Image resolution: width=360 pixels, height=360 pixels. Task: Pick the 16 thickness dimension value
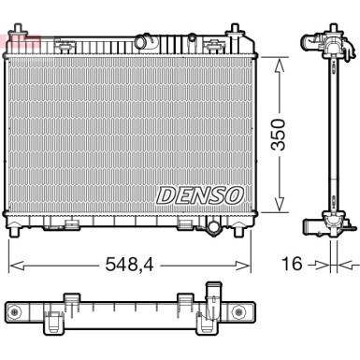click(x=292, y=266)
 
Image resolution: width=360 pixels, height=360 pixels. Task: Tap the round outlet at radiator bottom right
click(x=212, y=227)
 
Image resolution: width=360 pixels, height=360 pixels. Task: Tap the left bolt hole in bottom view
click(x=14, y=310)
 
